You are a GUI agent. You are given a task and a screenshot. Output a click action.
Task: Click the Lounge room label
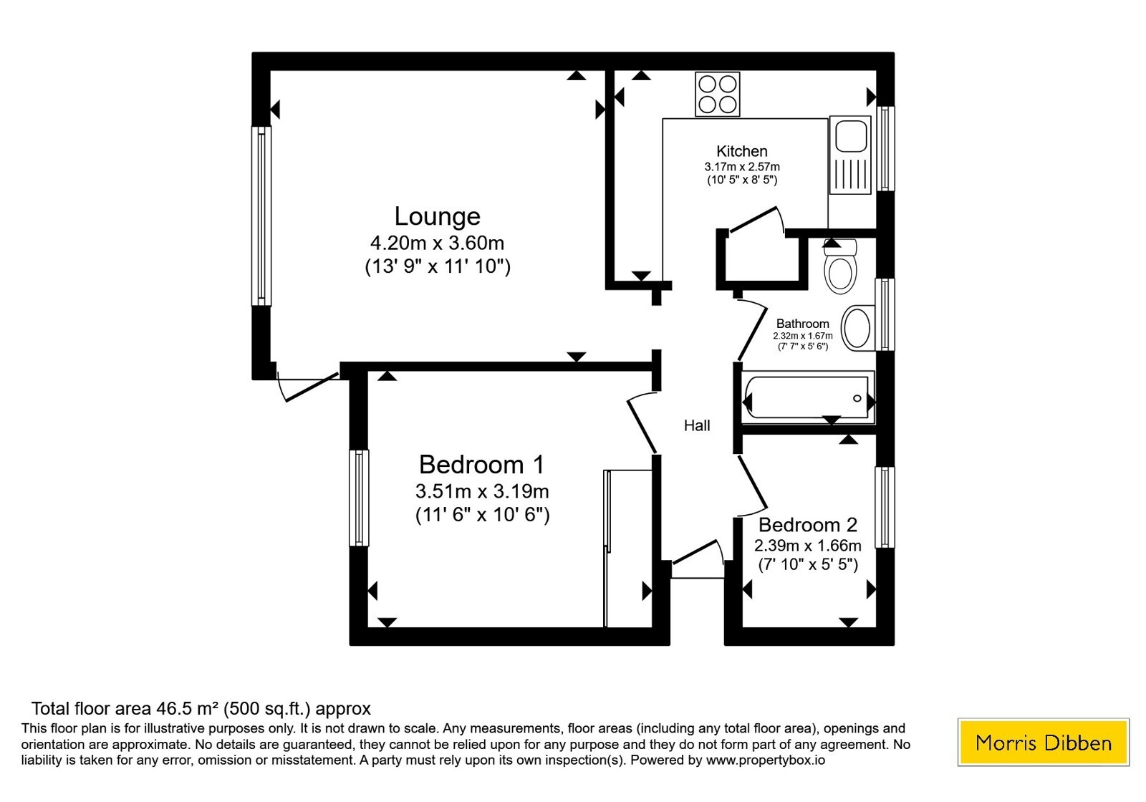(437, 216)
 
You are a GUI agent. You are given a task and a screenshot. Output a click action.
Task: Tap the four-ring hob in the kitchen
(717, 94)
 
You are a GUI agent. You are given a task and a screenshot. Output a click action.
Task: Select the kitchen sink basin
(851, 137)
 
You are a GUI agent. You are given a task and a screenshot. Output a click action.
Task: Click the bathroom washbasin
(857, 328)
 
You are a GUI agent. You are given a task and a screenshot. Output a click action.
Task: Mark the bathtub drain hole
(857, 398)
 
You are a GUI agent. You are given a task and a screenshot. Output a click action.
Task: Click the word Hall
(697, 425)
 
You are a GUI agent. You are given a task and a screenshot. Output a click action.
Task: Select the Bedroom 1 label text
(481, 465)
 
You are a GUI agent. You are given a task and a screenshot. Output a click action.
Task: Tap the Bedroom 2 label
(808, 525)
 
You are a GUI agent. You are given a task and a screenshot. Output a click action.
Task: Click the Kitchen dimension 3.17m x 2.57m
(742, 167)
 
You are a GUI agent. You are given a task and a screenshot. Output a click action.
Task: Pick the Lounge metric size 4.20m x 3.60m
(437, 243)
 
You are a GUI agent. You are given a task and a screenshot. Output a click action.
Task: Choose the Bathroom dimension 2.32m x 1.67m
(803, 336)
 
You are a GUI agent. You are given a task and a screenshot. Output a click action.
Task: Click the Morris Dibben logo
(1043, 742)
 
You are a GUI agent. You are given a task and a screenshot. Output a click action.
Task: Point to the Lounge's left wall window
(261, 216)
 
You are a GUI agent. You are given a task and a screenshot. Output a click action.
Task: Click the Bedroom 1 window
(359, 498)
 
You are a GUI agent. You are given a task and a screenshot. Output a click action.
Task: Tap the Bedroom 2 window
(885, 507)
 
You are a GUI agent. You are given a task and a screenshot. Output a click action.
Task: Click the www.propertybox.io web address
(766, 760)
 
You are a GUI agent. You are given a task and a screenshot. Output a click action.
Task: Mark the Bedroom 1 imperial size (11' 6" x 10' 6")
(483, 514)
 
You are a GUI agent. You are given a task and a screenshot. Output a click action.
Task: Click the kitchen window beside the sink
(885, 148)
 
